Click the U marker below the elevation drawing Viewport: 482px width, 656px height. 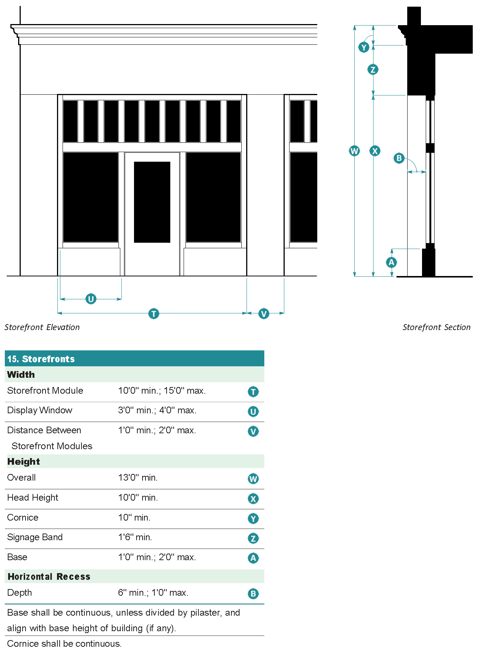click(x=91, y=299)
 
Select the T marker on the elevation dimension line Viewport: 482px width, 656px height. click(x=154, y=314)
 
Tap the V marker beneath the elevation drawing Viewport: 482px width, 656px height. click(x=264, y=314)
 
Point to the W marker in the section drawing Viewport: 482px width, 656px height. click(x=354, y=151)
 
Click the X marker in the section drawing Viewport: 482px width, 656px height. click(x=375, y=151)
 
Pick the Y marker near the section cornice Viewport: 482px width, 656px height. click(x=364, y=47)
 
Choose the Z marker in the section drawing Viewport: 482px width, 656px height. click(x=373, y=69)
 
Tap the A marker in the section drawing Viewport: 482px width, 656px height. click(x=391, y=262)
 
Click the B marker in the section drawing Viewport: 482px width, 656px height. click(x=399, y=158)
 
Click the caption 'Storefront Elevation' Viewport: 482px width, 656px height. click(x=42, y=327)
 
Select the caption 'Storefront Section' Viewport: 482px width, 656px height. click(x=436, y=327)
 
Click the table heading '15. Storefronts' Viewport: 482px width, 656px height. click(x=41, y=359)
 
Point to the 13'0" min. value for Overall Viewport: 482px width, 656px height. click(x=138, y=478)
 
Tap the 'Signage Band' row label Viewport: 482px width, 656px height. click(x=35, y=537)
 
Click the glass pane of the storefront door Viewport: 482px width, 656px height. click(x=152, y=202)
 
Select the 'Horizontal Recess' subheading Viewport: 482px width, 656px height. click(x=49, y=576)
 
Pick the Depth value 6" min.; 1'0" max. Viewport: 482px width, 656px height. click(x=153, y=593)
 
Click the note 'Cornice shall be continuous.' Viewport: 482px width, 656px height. click(x=64, y=644)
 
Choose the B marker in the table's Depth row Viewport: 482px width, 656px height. click(x=253, y=594)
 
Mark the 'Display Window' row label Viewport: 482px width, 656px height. click(x=40, y=410)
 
